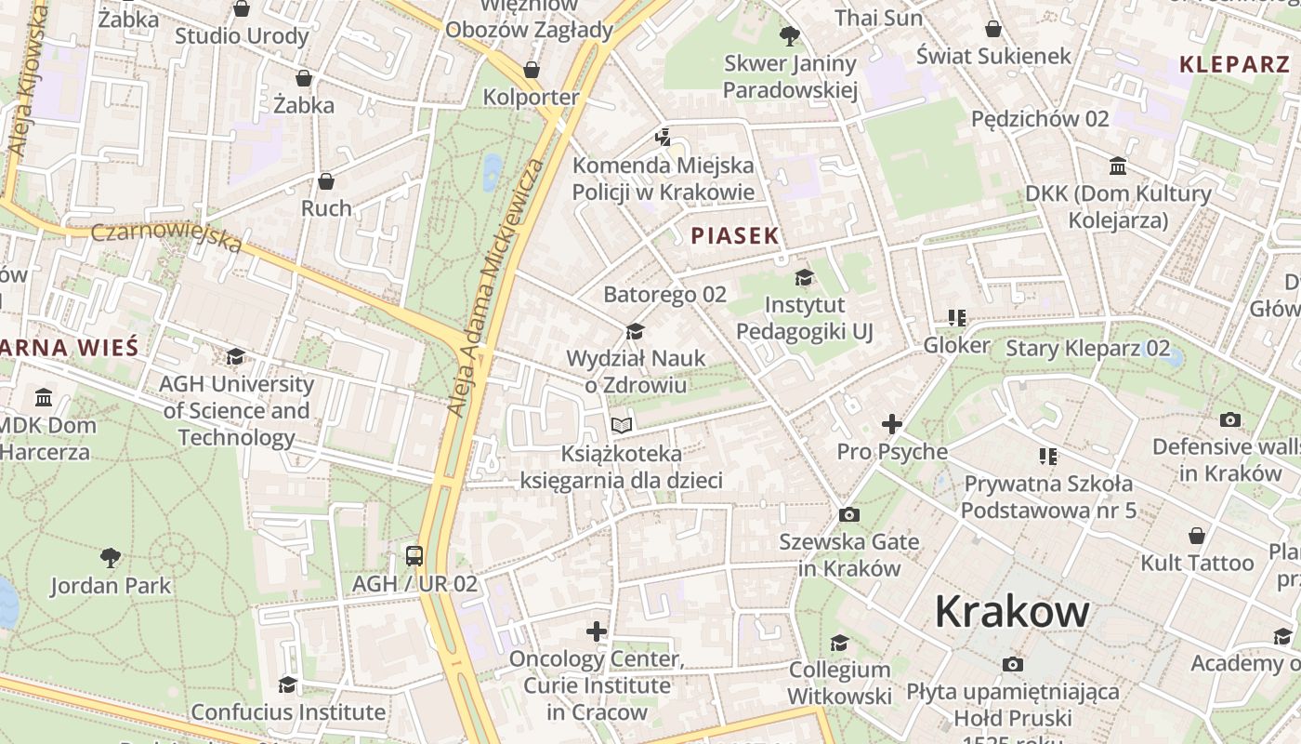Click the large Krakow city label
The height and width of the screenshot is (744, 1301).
(1011, 611)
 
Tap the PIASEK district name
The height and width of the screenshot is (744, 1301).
(734, 235)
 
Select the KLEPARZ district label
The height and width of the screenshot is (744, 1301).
(1234, 64)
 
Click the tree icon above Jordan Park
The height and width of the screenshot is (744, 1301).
(111, 558)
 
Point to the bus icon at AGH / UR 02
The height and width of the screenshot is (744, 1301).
(414, 556)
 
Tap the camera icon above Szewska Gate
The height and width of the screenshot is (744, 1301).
(848, 514)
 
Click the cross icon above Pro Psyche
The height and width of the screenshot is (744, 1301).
(892, 425)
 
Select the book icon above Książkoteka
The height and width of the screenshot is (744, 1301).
(622, 426)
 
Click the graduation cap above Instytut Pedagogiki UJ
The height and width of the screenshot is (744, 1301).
(804, 277)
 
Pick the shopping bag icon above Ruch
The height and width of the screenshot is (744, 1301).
(326, 180)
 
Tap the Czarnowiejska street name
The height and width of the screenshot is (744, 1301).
(167, 235)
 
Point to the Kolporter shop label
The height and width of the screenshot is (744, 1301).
(531, 97)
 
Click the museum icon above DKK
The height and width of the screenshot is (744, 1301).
(1118, 166)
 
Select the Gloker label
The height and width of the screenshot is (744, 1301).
(956, 345)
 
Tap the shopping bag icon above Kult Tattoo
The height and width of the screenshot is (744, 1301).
(1197, 536)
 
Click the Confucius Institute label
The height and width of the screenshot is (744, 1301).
(288, 712)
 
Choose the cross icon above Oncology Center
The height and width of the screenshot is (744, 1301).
(597, 631)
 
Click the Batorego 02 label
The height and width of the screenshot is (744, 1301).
(664, 295)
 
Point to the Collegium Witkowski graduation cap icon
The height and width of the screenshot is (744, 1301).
(840, 643)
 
